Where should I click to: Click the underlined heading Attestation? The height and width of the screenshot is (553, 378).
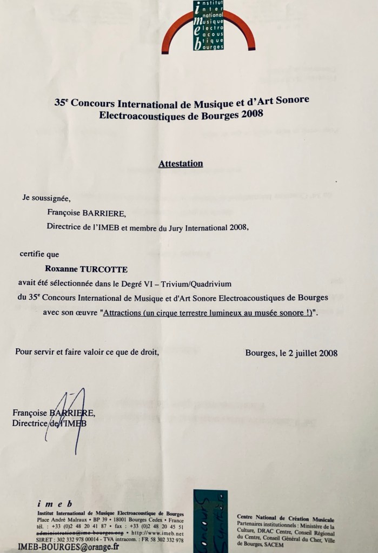pos(181,163)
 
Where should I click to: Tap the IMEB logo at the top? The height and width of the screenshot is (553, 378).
pos(208,26)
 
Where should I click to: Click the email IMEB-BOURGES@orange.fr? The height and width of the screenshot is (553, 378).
pos(68,547)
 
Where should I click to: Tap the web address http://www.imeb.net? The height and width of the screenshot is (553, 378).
pos(161,533)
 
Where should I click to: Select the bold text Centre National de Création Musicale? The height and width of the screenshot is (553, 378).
pos(286,518)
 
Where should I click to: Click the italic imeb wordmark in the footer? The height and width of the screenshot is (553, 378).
pos(55,503)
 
